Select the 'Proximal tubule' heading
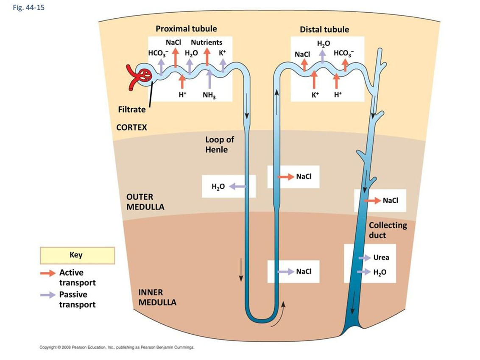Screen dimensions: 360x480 186,29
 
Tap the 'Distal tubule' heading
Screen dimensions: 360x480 324,30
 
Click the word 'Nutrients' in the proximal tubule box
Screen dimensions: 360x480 207,42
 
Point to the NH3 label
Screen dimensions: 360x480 209,95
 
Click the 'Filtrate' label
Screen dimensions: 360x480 131,109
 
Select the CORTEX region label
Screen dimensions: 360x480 131,127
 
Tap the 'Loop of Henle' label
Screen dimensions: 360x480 220,145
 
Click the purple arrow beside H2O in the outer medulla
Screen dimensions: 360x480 237,186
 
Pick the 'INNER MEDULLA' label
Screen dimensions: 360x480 157,297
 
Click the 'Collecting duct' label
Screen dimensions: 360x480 388,230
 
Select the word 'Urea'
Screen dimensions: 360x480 381,257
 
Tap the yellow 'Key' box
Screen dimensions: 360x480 77,255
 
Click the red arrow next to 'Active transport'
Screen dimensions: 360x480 47,273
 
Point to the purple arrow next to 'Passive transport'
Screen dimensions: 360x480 47,295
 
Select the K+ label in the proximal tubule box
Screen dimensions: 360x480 223,53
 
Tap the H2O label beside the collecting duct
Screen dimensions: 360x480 380,272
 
